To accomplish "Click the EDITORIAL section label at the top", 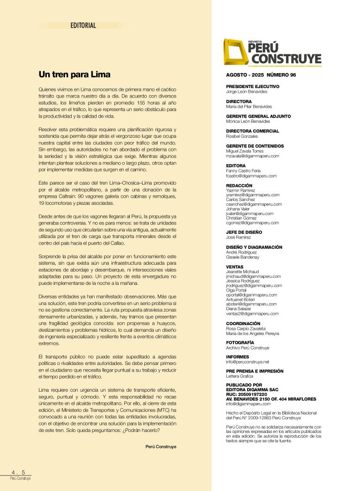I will pos(83,26).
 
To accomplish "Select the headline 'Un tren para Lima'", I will pos(74,74).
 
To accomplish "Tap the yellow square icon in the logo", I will pos(235,52).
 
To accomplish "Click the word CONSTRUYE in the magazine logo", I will pos(287,59).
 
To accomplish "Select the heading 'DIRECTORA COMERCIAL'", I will pos(252,131).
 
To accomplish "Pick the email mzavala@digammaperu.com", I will pos(252,156).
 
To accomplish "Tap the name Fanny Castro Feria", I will pos(243,171).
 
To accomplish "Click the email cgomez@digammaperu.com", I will pos(252,223).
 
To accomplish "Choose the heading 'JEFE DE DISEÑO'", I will pos(244,232).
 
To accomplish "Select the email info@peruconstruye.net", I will pos(247,362).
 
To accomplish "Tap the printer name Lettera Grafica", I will pos(239,376).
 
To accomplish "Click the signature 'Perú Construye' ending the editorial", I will pos(161,447).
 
